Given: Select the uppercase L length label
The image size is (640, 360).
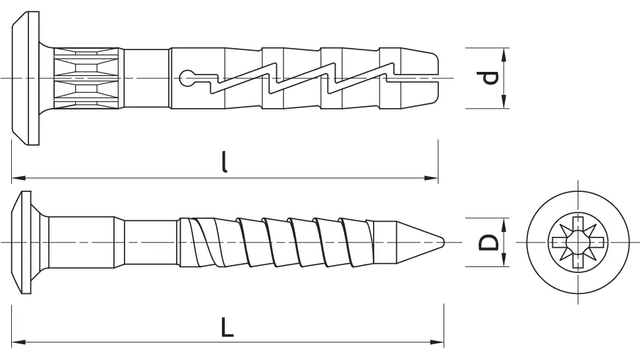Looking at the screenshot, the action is [x=227, y=326].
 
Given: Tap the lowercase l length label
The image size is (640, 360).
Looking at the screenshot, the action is [x=223, y=162].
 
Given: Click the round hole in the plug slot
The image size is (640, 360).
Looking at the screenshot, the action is [x=187, y=78].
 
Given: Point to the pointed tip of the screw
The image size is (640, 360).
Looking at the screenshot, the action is [x=444, y=242].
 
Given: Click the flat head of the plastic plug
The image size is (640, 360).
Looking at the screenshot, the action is [x=25, y=78].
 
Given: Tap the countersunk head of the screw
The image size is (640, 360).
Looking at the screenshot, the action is [x=21, y=243].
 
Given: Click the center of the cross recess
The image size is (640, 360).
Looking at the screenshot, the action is [x=577, y=243].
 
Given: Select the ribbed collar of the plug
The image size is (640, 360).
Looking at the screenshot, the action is [x=86, y=78].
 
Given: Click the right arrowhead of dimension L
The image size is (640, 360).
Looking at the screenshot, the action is [x=437, y=342].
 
